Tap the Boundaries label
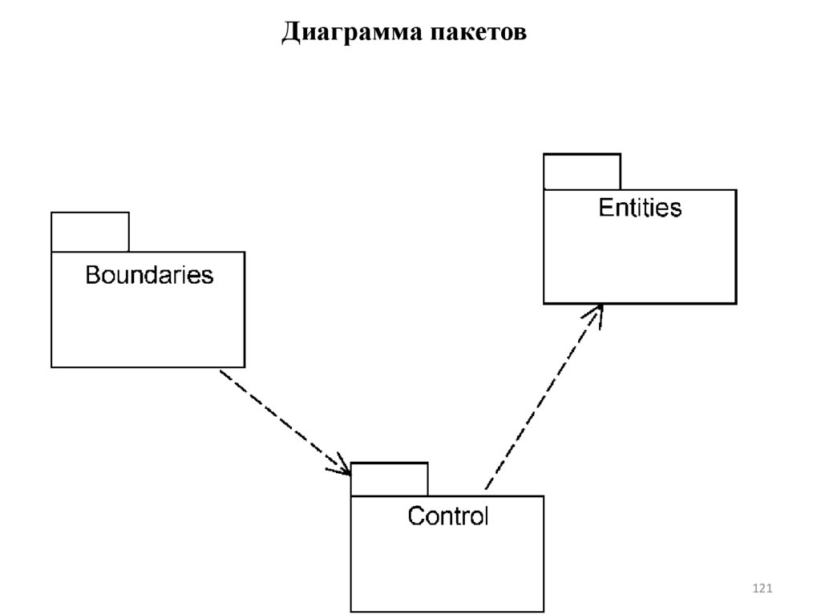click(x=149, y=275)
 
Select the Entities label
click(x=640, y=208)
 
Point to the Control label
click(x=447, y=516)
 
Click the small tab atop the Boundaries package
click(x=90, y=232)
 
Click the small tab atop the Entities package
click(x=582, y=172)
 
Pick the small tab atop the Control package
click(x=390, y=479)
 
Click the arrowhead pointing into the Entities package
click(x=597, y=313)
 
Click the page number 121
click(x=762, y=589)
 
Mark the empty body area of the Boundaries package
click(x=148, y=329)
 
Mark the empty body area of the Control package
click(x=447, y=569)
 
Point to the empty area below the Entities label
click(x=640, y=261)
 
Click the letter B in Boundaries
click(x=92, y=275)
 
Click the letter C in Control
click(x=415, y=516)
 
